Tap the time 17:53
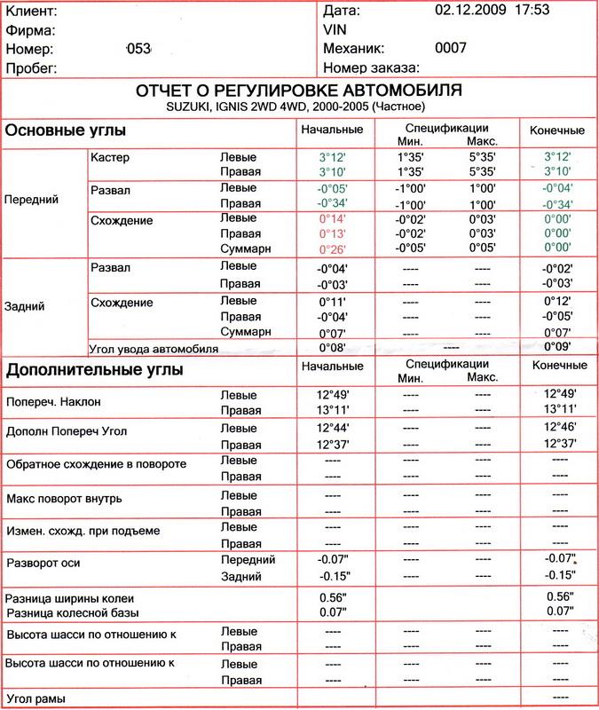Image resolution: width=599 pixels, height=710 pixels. [x=530, y=10]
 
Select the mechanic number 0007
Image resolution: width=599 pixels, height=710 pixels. [x=451, y=48]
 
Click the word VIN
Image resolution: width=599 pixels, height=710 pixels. [x=336, y=29]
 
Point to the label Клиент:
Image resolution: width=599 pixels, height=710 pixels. [x=33, y=12]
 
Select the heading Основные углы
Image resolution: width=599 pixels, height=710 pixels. [x=66, y=130]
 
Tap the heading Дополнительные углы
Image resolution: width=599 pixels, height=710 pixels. [x=95, y=369]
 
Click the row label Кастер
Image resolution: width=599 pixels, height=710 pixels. [x=110, y=156]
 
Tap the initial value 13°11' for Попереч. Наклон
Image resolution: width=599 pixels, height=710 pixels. [x=332, y=409]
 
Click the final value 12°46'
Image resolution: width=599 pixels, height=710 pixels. [x=558, y=428]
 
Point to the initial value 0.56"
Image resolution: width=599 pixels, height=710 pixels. [x=332, y=596]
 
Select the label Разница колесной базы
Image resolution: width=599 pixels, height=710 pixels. [x=74, y=613]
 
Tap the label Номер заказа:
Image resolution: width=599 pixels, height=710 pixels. [x=372, y=67]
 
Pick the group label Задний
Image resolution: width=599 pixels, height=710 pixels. [x=27, y=305]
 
